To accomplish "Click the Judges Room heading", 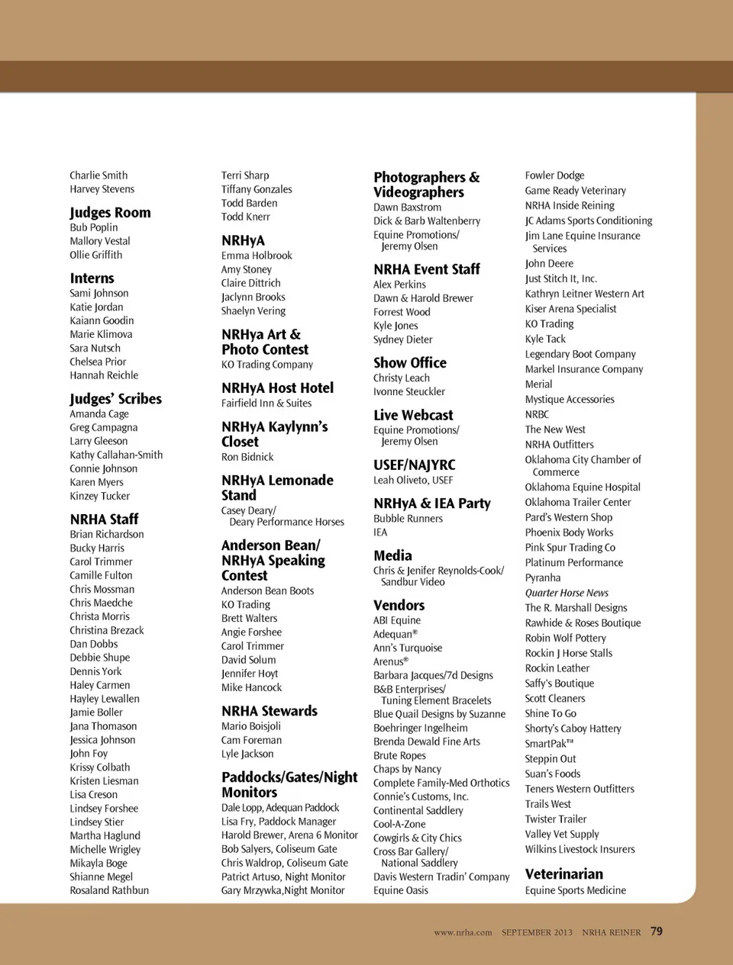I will pos(110,212).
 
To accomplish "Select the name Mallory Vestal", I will pos(100,241).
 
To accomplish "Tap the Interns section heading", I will pos(92,278).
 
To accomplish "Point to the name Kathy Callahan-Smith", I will pos(116,455).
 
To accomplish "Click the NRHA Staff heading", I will pos(104,519).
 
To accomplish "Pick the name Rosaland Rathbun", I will pos(109,890).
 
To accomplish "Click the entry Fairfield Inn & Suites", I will pos(266,403).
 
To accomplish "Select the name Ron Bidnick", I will pos(247,457).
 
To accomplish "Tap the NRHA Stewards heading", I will pos(269,711).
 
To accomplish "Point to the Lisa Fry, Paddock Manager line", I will pos(279,822).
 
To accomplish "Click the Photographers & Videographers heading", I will pos(426,185).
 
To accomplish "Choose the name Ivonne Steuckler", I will pos(408,391).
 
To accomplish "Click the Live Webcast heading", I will pos(413,415).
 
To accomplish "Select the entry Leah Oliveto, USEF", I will pos(413,481).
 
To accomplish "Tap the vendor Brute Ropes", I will pos(399,755).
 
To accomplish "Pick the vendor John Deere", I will pos(549,263).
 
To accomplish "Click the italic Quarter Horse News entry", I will pos(567,593).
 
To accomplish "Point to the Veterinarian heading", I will pos(563,874).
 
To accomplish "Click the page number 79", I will pos(657,931).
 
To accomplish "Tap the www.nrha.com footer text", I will pos(463,932).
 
